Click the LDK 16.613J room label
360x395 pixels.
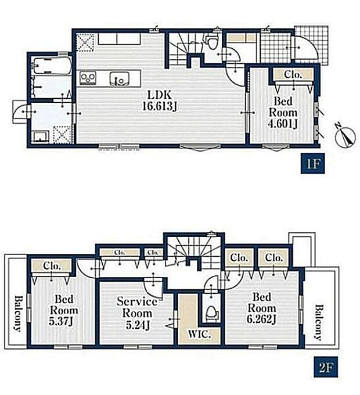160,100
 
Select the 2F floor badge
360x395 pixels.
326,368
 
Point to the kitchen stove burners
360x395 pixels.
88,78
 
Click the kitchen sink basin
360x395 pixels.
120,78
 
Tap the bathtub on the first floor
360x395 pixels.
52,66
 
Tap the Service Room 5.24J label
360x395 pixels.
137,313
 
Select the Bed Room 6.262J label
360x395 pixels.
262,308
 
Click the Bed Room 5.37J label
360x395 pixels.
64,310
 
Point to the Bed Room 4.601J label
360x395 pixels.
283,112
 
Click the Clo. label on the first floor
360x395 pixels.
293,74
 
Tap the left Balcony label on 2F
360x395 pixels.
18,313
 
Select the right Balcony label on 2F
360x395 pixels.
319,323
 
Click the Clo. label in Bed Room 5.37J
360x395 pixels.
52,266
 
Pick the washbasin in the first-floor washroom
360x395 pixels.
41,137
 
